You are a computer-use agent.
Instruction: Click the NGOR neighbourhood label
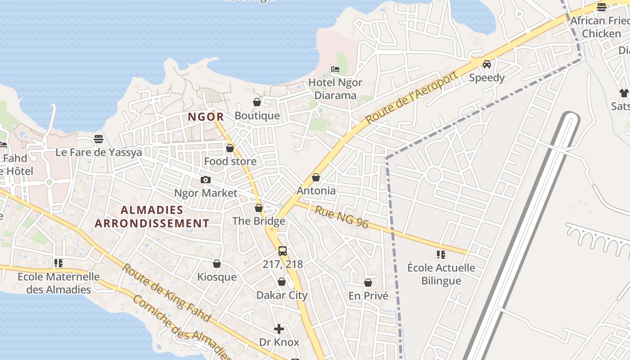click(206, 117)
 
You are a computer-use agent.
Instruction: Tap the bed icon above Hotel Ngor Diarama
click(335, 69)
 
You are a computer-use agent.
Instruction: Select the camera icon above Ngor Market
click(205, 180)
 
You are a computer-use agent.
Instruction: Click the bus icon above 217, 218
click(283, 251)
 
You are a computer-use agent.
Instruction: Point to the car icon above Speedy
click(486, 64)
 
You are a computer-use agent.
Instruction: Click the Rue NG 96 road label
click(342, 217)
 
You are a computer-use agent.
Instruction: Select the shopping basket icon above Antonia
click(316, 177)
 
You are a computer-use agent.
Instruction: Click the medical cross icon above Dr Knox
click(279, 329)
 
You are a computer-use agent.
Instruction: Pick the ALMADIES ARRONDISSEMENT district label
click(152, 216)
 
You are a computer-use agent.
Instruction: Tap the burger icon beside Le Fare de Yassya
click(99, 139)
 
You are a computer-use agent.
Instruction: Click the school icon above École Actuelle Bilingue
click(441, 255)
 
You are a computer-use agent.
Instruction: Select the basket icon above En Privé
click(368, 283)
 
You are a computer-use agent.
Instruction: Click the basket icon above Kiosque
click(217, 264)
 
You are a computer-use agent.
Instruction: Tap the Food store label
click(230, 161)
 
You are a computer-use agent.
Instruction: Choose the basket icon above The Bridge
click(259, 208)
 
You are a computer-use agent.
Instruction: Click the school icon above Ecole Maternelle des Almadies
click(58, 263)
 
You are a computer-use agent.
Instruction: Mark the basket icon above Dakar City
click(282, 282)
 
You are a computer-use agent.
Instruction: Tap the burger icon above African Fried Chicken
click(602, 7)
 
